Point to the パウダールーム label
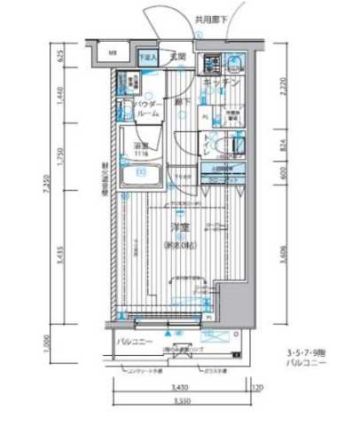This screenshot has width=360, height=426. pos(148,109)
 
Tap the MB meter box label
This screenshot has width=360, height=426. pos(113,54)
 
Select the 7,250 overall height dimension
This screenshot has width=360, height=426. pos(66,189)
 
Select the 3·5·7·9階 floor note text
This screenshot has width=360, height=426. pos(307,355)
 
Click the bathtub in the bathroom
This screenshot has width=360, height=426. pos(139,177)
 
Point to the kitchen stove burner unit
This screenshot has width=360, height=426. pos(212,64)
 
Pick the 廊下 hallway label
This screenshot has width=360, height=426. pos(180,102)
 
